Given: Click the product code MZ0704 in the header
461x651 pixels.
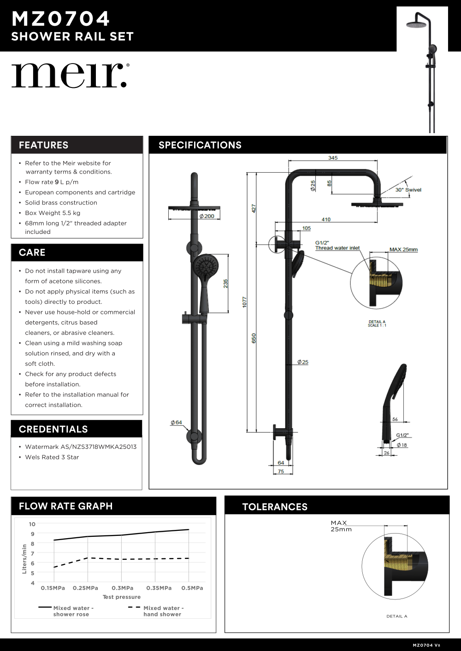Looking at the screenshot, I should tap(61, 19).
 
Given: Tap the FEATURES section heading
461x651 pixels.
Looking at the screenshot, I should tap(44, 145).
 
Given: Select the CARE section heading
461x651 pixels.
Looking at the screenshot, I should tap(32, 252).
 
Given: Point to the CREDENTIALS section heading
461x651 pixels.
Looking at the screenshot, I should tap(53, 429).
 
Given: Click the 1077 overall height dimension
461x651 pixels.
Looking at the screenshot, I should tap(245, 302).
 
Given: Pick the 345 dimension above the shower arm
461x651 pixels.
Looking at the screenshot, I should tap(333, 158).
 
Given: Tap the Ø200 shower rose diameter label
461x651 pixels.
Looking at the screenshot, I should tap(207, 216).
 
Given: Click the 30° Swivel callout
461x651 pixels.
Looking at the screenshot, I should tap(408, 190).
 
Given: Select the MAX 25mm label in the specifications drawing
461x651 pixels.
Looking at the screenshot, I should tap(403, 250).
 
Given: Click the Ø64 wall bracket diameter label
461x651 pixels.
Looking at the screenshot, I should tap(176, 422).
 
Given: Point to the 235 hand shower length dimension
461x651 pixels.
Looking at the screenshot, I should tap(226, 284).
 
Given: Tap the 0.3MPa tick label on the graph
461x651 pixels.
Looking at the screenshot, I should tap(123, 588).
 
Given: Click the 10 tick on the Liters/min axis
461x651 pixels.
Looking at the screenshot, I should tap(32, 524).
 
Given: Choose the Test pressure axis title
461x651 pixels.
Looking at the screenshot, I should tap(122, 597).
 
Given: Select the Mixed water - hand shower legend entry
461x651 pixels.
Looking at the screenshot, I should tap(162, 611).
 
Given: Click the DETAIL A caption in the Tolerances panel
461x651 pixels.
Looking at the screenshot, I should tap(396, 616).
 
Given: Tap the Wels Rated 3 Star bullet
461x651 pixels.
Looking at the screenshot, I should tap(52, 457).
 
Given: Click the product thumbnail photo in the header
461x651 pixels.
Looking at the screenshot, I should tap(422, 69).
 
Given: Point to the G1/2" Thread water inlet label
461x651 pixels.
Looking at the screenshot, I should tap(337, 245).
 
